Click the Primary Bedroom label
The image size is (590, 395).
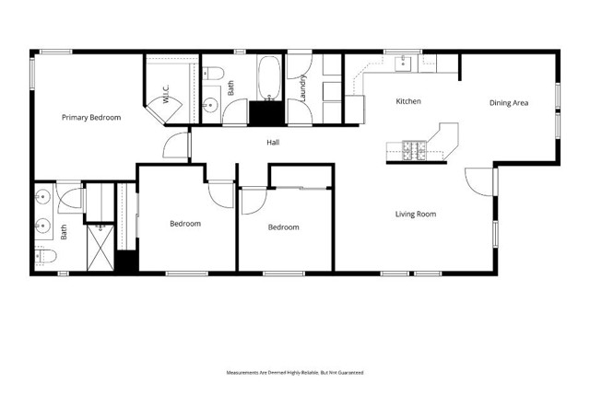pyautogui.click(x=91, y=118)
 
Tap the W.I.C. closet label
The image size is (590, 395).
pyautogui.click(x=165, y=93)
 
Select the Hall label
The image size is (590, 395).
pyautogui.click(x=273, y=143)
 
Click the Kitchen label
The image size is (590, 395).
pyautogui.click(x=408, y=101)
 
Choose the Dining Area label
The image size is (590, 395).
pyautogui.click(x=508, y=103)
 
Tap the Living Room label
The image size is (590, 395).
pyautogui.click(x=416, y=215)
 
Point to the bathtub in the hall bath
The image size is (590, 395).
pyautogui.click(x=269, y=78)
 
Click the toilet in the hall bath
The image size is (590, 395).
pyautogui.click(x=210, y=75)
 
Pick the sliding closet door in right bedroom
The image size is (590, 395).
pyautogui.click(x=301, y=189)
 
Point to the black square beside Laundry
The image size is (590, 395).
pyautogui.click(x=267, y=113)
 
